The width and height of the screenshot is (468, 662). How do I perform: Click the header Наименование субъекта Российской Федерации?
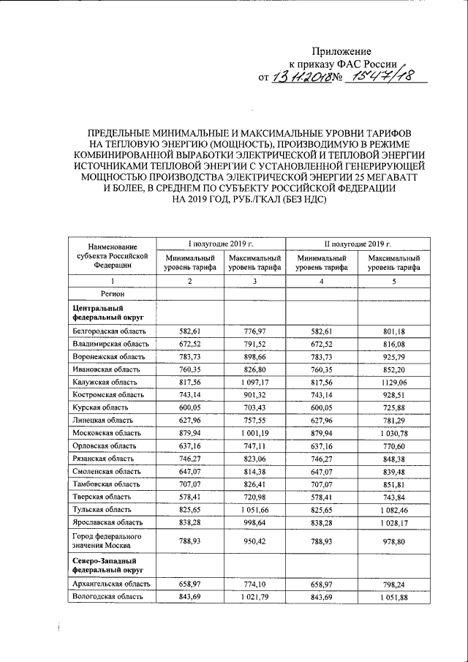[112, 256]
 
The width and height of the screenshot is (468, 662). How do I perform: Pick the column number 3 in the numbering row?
[254, 282]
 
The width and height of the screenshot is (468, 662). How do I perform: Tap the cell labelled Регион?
[112, 293]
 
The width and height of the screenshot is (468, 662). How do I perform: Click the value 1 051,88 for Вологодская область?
[393, 597]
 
